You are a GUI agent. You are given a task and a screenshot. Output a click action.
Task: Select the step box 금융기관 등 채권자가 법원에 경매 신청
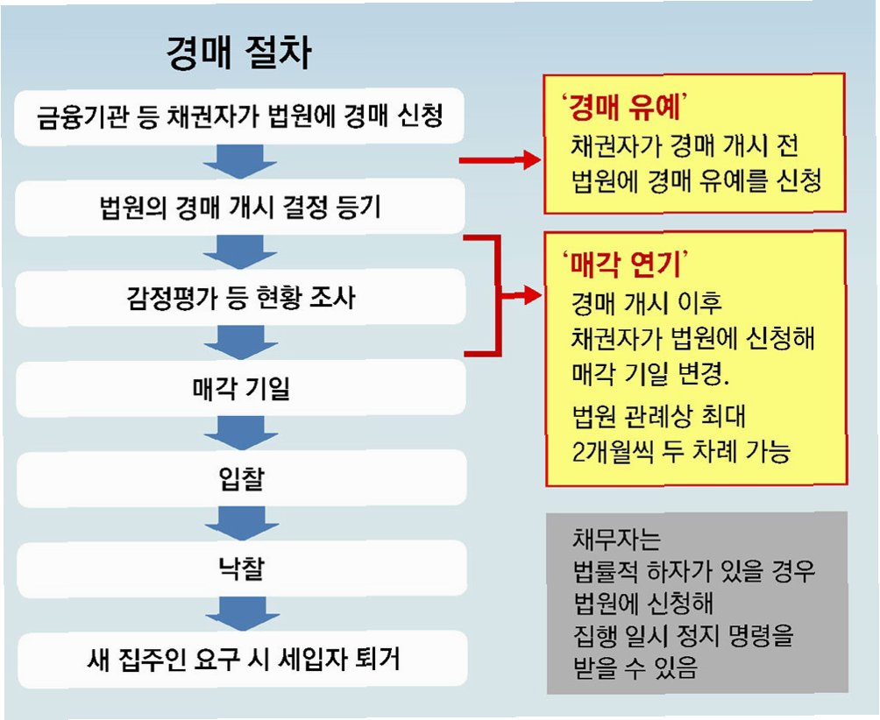(238, 116)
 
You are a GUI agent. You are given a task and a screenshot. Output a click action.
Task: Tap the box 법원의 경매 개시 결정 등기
(238, 208)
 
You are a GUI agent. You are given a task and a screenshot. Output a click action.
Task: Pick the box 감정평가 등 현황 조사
(238, 299)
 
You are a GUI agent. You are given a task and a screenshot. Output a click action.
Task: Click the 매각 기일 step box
(238, 388)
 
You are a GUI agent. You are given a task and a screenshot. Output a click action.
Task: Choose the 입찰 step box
(238, 478)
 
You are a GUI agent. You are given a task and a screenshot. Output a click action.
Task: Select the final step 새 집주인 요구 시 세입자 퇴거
(238, 659)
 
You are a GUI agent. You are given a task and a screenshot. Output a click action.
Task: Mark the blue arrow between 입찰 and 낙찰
(238, 524)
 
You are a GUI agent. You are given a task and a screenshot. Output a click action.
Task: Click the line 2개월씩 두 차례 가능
(680, 452)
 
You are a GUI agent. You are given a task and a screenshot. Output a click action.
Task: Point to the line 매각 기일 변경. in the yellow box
(649, 377)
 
